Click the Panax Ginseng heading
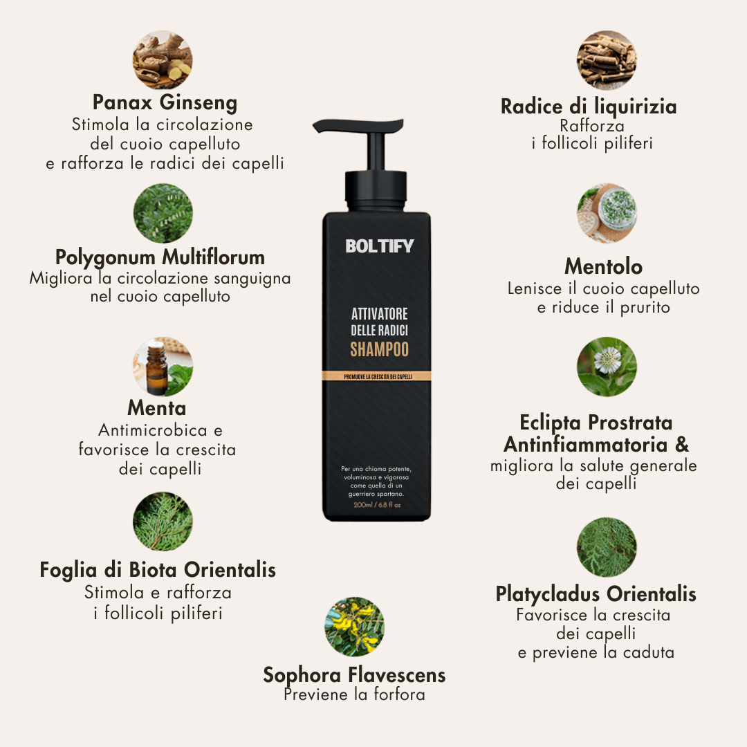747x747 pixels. (165, 103)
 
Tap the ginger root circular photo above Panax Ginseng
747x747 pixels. (163, 59)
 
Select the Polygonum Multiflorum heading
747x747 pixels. (160, 257)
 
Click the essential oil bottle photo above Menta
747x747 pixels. (163, 367)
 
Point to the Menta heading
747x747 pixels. (156, 408)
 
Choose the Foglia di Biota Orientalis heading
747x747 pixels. (158, 570)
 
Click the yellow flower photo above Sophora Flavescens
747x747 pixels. (354, 627)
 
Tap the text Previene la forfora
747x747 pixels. (354, 694)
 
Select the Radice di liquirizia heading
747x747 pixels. (589, 107)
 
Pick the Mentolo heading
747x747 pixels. (603, 266)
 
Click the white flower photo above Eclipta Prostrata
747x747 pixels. (607, 367)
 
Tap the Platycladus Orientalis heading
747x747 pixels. (596, 594)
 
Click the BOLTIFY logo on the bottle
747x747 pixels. (379, 246)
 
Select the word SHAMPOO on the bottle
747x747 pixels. (379, 349)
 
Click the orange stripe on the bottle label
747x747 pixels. (377, 376)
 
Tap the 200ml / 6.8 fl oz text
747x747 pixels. (377, 505)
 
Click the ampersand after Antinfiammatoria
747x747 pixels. (682, 443)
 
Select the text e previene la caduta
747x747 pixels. (596, 652)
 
